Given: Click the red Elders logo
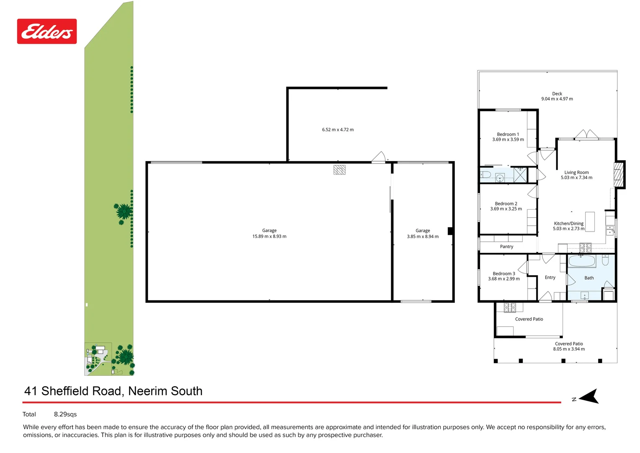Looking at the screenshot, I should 47,31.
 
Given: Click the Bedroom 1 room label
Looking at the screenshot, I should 508,134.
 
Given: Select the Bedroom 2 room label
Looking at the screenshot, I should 506,203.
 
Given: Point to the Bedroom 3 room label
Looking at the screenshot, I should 504,273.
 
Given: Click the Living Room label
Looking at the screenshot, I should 576,172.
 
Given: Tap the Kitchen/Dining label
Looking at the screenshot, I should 568,224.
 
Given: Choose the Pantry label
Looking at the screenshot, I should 506,247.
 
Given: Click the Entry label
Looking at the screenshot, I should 550,278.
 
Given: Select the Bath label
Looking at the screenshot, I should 589,278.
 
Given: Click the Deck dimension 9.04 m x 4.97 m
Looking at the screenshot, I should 557,99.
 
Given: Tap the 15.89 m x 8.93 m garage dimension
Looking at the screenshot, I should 269,237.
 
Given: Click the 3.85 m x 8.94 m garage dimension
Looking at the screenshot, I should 423,237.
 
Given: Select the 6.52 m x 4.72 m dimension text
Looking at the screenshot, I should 338,130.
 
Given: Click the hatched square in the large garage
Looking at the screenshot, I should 339,169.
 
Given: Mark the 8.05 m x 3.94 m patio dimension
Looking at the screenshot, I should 569,349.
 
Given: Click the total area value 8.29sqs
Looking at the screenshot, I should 65,414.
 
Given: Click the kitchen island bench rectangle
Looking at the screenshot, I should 590,221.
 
